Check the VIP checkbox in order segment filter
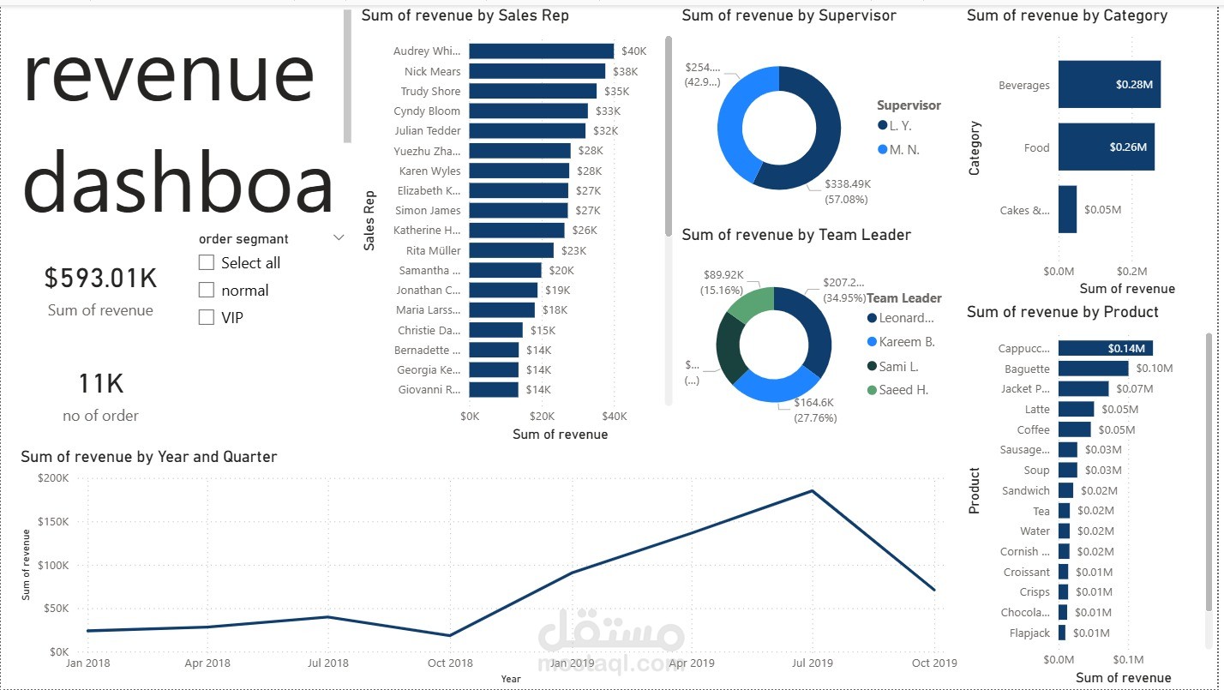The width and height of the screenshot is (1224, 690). tap(207, 317)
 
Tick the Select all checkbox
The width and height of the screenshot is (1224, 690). tap(207, 263)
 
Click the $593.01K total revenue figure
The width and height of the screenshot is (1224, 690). tap(100, 278)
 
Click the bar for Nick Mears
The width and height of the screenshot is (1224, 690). tap(537, 71)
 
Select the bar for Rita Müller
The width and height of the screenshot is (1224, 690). tap(511, 250)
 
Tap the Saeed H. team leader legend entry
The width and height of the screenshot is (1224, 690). tap(903, 390)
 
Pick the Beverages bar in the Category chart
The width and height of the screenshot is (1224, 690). tap(1108, 85)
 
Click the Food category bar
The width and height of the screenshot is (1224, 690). tap(1105, 147)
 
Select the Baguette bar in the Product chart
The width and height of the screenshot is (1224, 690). tap(1093, 369)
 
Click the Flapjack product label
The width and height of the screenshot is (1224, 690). tap(1029, 633)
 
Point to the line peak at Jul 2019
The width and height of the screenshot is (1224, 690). tap(812, 491)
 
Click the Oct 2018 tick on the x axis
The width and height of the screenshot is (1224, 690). tap(450, 663)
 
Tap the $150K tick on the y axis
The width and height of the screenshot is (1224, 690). tap(53, 522)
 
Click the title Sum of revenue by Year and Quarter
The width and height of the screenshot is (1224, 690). tap(149, 457)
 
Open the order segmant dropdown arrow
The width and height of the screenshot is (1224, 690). tap(339, 239)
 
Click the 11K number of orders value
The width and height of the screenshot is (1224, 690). tap(100, 384)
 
